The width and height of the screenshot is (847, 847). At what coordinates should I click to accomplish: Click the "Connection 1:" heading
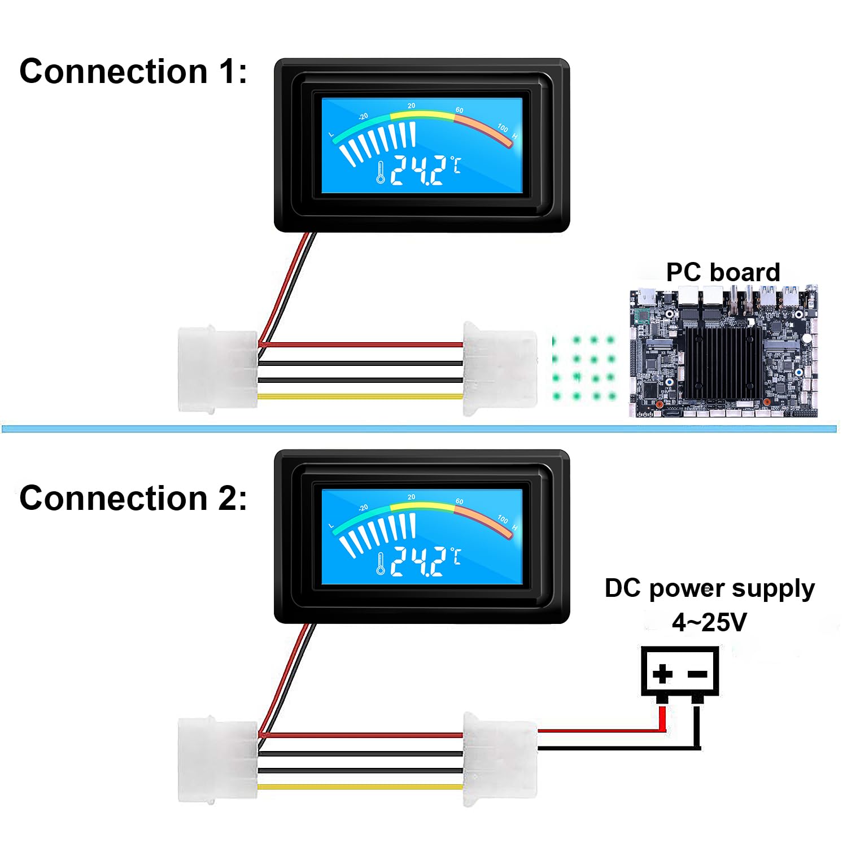pos(133,72)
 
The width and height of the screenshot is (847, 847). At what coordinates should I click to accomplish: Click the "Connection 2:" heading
pos(133,499)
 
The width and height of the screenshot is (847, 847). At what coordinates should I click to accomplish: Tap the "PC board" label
pos(723,272)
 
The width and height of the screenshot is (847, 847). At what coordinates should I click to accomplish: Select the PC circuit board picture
pos(724,351)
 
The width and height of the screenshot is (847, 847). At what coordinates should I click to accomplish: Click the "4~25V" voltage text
pos(709,622)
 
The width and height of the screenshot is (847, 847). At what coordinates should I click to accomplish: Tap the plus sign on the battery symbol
pos(662,673)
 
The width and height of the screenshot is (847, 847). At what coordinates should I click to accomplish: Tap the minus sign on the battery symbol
pos(698,674)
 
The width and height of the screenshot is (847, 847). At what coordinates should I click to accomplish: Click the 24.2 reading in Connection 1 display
pos(418,171)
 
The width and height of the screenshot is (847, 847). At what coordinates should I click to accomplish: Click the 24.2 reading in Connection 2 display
pos(418,562)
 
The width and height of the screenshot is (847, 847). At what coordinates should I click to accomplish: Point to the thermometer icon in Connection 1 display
pos(381,172)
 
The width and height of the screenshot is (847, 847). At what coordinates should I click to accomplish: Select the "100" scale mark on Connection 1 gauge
pos(503,128)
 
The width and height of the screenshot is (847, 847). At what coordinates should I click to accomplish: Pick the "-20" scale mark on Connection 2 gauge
pos(363,508)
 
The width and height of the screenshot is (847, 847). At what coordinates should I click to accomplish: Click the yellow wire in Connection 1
pos(360,396)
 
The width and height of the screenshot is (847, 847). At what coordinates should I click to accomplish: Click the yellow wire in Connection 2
pos(360,787)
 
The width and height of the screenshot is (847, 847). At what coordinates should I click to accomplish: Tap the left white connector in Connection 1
pos(218,369)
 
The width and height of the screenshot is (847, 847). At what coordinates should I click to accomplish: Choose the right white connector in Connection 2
pos(500,759)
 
